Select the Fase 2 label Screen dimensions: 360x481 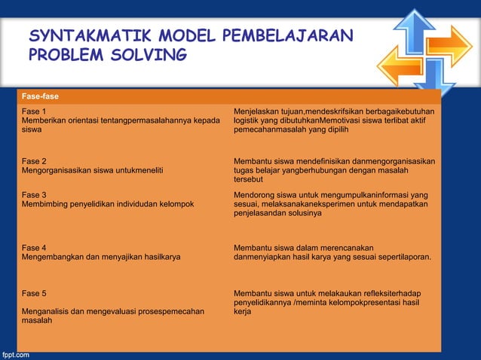click(34, 162)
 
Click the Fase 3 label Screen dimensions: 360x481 click(34, 195)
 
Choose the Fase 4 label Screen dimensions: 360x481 click(34, 248)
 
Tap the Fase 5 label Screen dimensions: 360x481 click(34, 293)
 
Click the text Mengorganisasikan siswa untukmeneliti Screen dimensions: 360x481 click(93, 171)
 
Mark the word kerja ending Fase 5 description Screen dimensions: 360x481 click(242, 311)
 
